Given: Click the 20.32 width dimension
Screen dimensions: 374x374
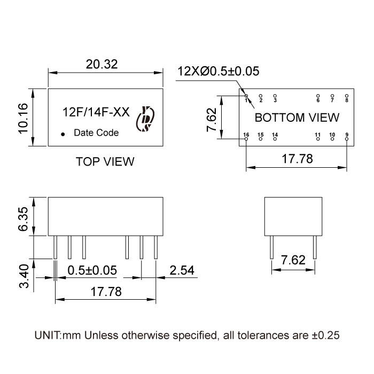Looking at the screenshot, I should coord(102,64).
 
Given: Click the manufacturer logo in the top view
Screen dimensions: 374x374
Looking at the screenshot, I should coord(145,119).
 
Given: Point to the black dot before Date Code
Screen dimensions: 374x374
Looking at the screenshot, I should coord(63,134).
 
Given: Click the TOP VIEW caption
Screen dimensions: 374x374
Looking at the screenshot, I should coord(105,161).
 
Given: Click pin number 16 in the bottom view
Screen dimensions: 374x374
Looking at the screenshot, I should coord(246,134).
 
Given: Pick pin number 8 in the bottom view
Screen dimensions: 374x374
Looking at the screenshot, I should coord(346,100).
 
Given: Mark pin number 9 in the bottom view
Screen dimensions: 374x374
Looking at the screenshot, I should coord(346,134).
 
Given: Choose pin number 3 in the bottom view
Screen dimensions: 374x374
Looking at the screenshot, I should coord(275,100).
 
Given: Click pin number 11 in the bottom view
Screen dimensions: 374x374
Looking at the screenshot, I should coord(317,134).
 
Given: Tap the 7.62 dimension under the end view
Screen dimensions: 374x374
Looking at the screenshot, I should coord(293,260).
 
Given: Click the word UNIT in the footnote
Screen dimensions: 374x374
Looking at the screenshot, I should coord(48,336).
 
